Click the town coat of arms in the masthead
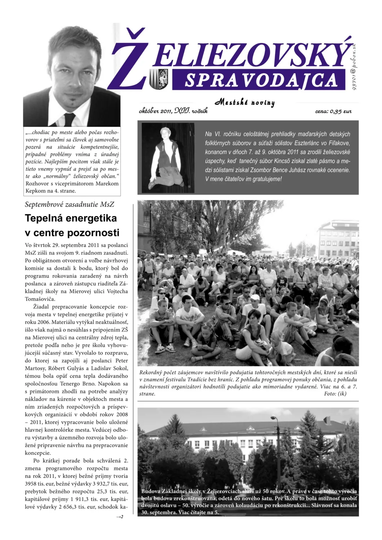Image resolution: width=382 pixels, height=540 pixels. pyautogui.click(x=158, y=79)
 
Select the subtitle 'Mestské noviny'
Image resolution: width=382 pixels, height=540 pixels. pyautogui.click(x=245, y=103)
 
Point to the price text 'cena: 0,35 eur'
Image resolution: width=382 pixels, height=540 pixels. pyautogui.click(x=333, y=111)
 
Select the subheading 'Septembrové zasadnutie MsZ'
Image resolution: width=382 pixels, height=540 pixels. pyautogui.click(x=69, y=204)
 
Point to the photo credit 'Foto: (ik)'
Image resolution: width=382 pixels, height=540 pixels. pyautogui.click(x=335, y=393)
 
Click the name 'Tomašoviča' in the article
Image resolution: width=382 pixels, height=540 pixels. pyautogui.click(x=40, y=299)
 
